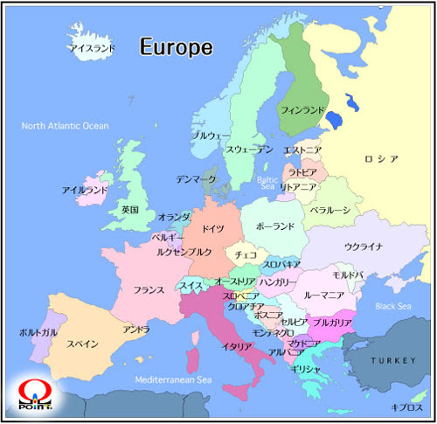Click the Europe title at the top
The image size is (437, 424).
(x=176, y=47)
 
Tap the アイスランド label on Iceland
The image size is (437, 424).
(x=92, y=49)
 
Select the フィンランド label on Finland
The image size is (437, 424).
(x=302, y=111)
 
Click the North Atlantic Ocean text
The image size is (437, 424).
(x=66, y=126)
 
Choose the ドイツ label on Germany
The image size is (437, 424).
(x=212, y=228)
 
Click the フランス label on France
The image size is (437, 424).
(x=149, y=289)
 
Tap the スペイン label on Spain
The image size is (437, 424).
(x=83, y=344)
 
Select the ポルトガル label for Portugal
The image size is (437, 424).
(x=38, y=333)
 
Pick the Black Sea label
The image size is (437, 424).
(x=392, y=306)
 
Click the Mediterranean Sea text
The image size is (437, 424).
(x=174, y=380)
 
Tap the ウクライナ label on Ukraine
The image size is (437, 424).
(x=364, y=247)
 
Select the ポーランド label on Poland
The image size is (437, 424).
(x=275, y=226)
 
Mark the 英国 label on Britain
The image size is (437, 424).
(x=129, y=210)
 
